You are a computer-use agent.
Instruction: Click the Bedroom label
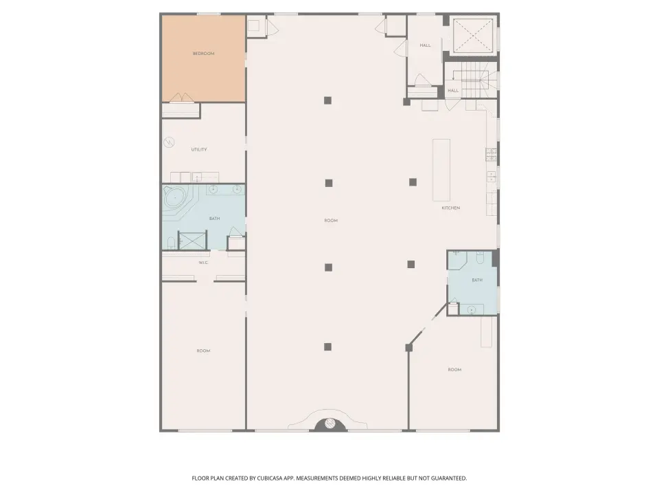203,54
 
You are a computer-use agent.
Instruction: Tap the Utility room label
199,149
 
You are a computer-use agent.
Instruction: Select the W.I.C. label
203,263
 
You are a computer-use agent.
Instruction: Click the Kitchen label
450,208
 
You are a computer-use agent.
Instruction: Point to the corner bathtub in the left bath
175,198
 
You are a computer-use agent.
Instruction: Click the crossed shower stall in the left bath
193,241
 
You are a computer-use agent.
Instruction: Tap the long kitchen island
441,170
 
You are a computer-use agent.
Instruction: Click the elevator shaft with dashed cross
473,36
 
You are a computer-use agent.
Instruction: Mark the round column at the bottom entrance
330,423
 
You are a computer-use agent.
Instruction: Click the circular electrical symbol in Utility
169,143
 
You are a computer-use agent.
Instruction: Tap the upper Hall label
425,45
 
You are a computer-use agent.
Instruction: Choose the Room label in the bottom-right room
454,370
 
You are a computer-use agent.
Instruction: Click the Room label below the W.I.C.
203,351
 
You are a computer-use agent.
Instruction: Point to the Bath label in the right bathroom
477,280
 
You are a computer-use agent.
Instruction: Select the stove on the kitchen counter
492,155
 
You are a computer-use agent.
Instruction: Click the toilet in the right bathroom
480,258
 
